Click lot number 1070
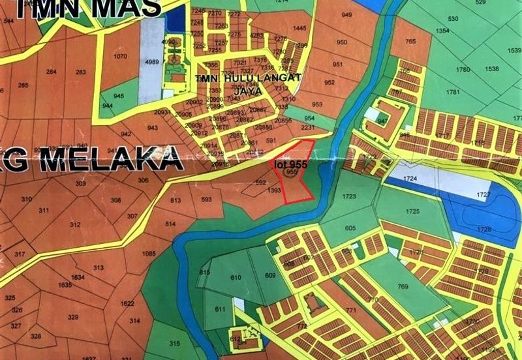coord(120,57)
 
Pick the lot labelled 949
coord(346,15)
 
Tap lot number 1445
coord(299,28)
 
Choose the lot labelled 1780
coord(463,70)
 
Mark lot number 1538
coord(491,68)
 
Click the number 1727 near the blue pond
coord(483,195)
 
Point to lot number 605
coord(350,228)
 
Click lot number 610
coord(236,278)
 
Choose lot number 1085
coord(148,254)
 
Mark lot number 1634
coord(78,277)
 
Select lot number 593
coord(207,200)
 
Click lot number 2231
coord(308,127)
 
